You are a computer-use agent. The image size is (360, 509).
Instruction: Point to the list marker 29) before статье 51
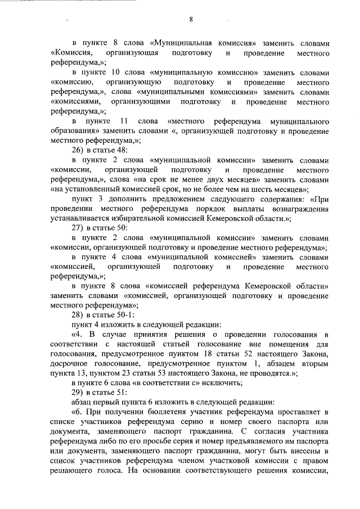tap(78, 392)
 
